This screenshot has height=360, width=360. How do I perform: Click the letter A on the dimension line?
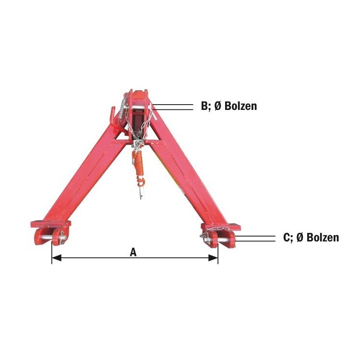pos(133,252)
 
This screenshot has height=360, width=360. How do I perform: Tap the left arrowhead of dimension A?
pos(57,258)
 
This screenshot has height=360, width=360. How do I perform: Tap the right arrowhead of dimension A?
pos(213,258)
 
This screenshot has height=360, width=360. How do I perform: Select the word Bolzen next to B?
pos(240,106)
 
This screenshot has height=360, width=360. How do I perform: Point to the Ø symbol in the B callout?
pos(217,106)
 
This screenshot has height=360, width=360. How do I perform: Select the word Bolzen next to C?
pos(323,238)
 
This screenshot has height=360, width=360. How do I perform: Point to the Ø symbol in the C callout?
pos(300,238)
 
